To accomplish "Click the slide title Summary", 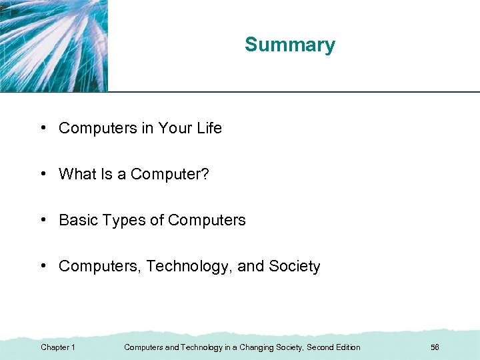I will (x=289, y=45).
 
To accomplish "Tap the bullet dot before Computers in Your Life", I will (x=43, y=128).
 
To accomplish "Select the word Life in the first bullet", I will (x=209, y=128).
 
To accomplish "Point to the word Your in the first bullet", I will (x=175, y=128).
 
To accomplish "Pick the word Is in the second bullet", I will (x=107, y=174).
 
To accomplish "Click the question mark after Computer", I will (x=205, y=174).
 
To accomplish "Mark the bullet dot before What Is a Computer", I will (x=43, y=174).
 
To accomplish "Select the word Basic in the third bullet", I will (x=77, y=220).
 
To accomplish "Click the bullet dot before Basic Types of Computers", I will (x=43, y=220).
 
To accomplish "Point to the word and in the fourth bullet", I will (x=251, y=266).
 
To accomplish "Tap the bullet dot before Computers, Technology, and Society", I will (x=43, y=266).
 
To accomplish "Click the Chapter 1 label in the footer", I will (x=58, y=347).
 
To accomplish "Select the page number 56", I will (x=435, y=347).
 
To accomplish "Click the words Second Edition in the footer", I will (x=333, y=347).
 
